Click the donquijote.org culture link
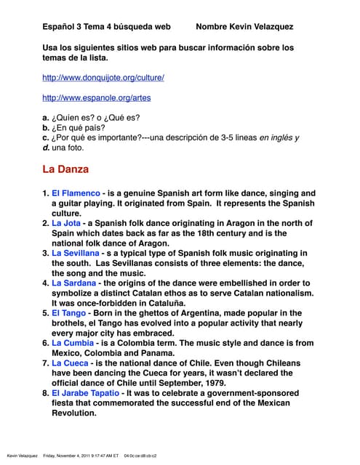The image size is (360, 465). [103, 77]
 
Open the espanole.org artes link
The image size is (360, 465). [97, 97]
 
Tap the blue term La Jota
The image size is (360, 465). [66, 224]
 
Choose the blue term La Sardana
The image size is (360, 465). [73, 283]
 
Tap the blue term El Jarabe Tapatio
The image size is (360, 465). [85, 392]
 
